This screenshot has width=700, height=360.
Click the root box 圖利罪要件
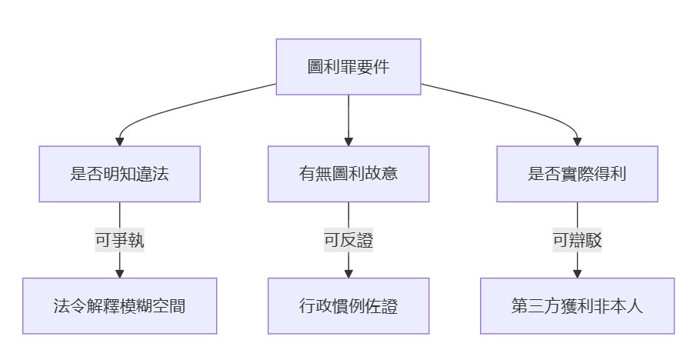click(x=348, y=67)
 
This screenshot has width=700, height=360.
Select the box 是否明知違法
click(x=119, y=174)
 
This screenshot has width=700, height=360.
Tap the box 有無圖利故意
click(x=348, y=174)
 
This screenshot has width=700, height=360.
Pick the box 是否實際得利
click(x=577, y=174)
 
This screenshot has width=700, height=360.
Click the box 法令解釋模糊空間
click(x=119, y=306)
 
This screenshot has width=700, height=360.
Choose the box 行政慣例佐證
click(x=348, y=306)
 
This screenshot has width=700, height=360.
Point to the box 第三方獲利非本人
click(x=577, y=306)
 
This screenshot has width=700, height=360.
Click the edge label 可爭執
click(x=119, y=240)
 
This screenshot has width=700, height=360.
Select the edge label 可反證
click(x=348, y=240)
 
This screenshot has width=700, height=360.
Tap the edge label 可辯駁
click(x=577, y=240)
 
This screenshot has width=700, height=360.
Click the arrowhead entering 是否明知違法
click(x=119, y=142)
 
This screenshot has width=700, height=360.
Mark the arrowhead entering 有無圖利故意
click(x=348, y=142)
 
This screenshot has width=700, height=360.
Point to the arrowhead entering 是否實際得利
click(x=577, y=142)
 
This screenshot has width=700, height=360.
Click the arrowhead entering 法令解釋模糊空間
click(x=119, y=273)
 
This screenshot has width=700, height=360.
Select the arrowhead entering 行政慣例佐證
click(x=348, y=273)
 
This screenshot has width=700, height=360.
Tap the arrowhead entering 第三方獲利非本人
click(x=577, y=273)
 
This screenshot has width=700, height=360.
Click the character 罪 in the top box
click(x=348, y=67)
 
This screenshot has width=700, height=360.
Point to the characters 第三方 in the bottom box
click(x=530, y=306)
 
